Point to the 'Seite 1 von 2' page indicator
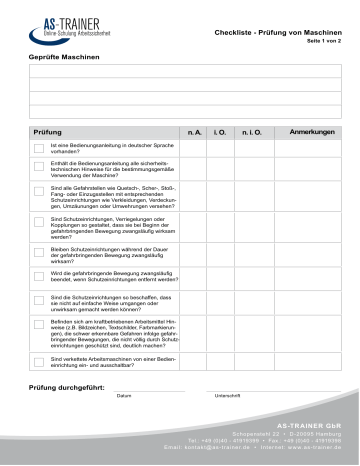pyautogui.click(x=322, y=43)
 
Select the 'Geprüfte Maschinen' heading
pyautogui.click(x=64, y=61)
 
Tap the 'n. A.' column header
pyautogui.click(x=192, y=132)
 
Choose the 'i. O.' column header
pyautogui.click(x=221, y=132)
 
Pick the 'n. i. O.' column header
pyautogui.click(x=252, y=132)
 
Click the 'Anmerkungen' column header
pyautogui.click(x=311, y=132)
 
